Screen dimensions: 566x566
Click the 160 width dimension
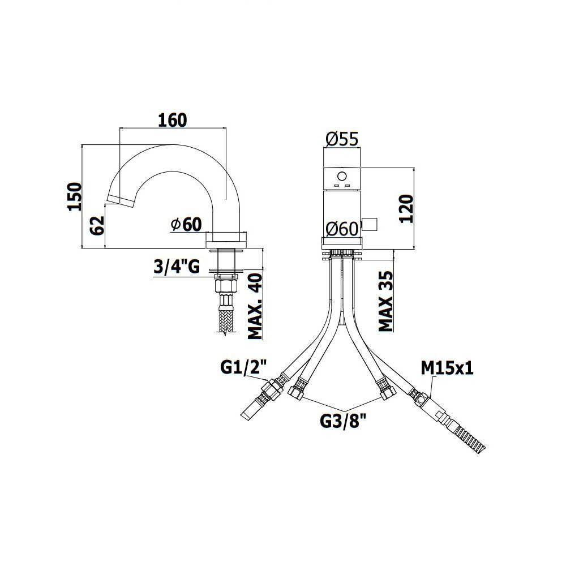pyautogui.click(x=173, y=120)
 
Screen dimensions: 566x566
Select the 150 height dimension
pyautogui.click(x=75, y=197)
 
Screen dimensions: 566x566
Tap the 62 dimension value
pyautogui.click(x=97, y=226)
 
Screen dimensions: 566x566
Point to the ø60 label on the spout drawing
pyautogui.click(x=186, y=225)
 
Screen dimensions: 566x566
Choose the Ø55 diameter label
pyautogui.click(x=342, y=139)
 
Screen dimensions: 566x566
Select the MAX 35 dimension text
pyautogui.click(x=385, y=302)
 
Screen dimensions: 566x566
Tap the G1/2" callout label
pyautogui.click(x=243, y=368)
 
